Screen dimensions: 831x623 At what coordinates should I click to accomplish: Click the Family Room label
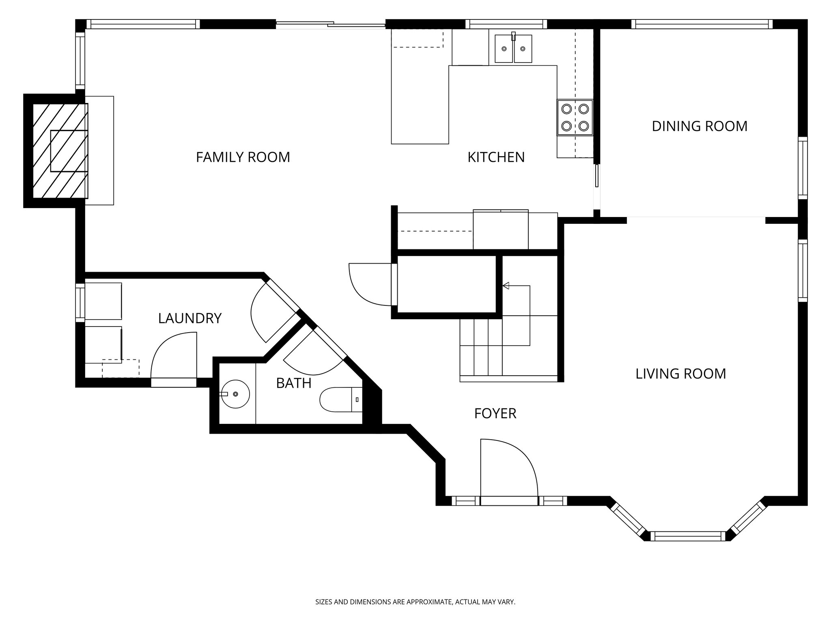coord(243,157)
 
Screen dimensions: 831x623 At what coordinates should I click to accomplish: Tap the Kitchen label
coord(496,157)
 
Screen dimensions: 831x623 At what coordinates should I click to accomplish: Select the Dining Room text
coord(700,126)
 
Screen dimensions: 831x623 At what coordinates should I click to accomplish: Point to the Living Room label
coord(680,374)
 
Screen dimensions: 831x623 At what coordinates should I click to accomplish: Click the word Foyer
coord(495,413)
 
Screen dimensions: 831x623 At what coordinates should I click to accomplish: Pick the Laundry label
coord(190,318)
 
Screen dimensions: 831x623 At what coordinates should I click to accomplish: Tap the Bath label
coord(294,383)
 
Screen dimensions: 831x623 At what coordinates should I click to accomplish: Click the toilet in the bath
coord(341,400)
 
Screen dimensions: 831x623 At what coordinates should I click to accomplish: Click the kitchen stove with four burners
coord(575,118)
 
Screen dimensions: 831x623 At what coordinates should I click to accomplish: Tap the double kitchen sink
coord(513,48)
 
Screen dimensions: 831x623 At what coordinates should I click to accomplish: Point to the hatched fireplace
coord(60,151)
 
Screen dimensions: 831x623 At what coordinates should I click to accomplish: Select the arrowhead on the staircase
coord(506,286)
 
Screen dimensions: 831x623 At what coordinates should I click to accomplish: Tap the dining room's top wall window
coord(702,24)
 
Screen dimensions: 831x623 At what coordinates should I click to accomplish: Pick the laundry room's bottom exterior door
coord(174,382)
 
